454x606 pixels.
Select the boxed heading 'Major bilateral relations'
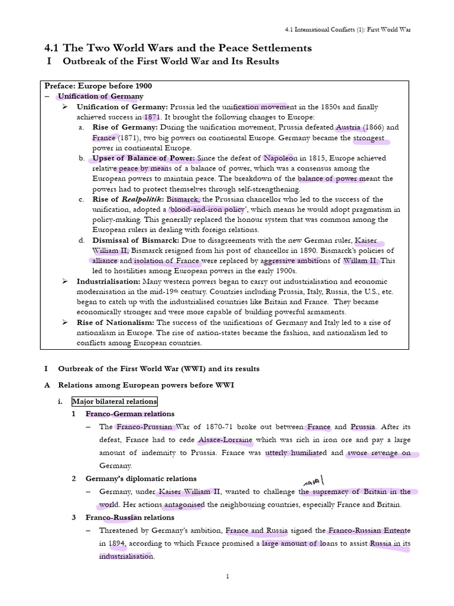(115, 401)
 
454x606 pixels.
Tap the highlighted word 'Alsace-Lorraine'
(225, 440)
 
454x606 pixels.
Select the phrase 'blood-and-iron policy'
(206, 209)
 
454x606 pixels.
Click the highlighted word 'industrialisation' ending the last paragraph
(126, 556)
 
